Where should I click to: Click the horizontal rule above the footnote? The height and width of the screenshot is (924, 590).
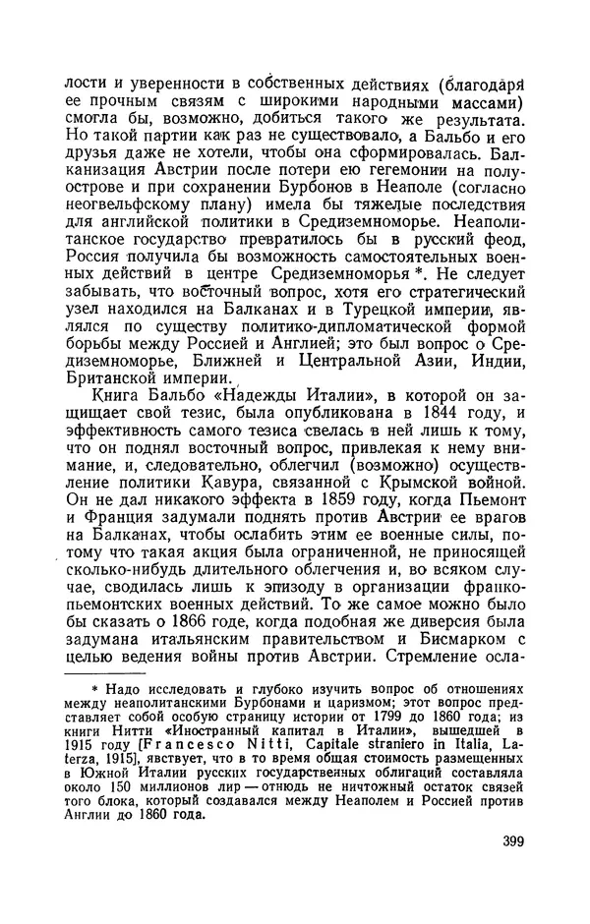coord(98,674)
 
